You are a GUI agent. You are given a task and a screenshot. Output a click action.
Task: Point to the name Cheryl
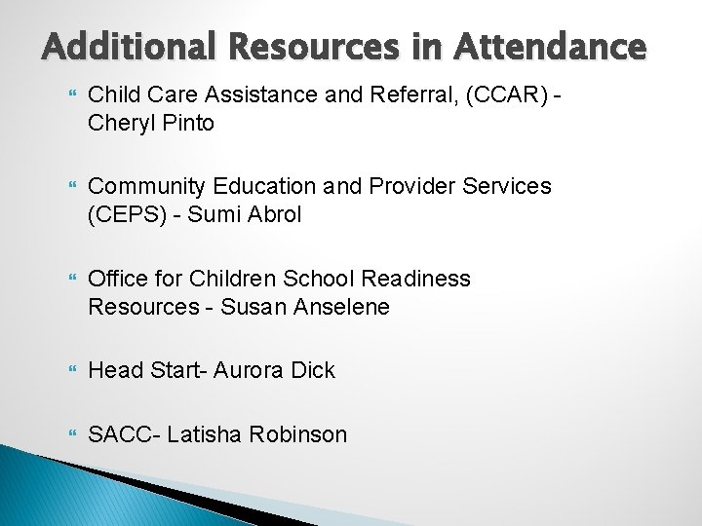pos(120,124)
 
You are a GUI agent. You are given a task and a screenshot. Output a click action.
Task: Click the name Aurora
pos(247,370)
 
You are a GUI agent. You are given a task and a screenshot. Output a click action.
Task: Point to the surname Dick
pos(311,370)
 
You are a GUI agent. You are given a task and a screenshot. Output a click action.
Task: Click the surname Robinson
pos(298,434)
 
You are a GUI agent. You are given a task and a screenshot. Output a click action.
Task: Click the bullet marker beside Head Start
pos(70,371)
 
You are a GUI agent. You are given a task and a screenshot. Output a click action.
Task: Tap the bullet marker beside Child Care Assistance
pos(70,95)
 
